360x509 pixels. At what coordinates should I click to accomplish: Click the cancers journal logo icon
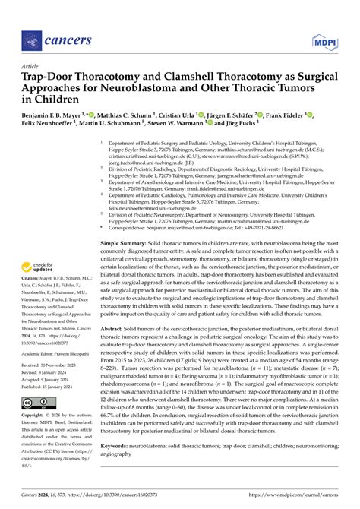point(31,39)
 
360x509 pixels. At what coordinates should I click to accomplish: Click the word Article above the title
point(31,66)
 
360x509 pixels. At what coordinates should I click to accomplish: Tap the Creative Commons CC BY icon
point(38,402)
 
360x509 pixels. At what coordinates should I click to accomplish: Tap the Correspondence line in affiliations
point(197,205)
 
